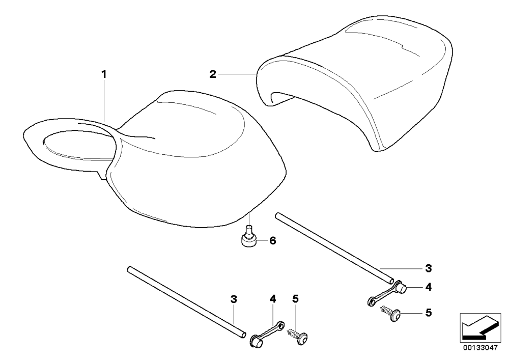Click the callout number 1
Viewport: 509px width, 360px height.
[x=104, y=74]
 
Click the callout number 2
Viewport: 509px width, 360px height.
[x=213, y=74]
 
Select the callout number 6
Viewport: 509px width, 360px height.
[x=272, y=240]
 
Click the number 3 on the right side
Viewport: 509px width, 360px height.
[x=429, y=268]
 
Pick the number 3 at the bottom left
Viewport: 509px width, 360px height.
[x=234, y=299]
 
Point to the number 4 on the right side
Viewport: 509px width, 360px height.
[x=429, y=287]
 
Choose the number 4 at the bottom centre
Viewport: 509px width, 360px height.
[x=273, y=299]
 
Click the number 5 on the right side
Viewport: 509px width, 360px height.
[x=429, y=313]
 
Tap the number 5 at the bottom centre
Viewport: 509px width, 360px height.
[x=295, y=299]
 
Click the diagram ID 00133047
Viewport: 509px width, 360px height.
[x=480, y=348]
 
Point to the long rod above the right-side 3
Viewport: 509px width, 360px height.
[x=335, y=248]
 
